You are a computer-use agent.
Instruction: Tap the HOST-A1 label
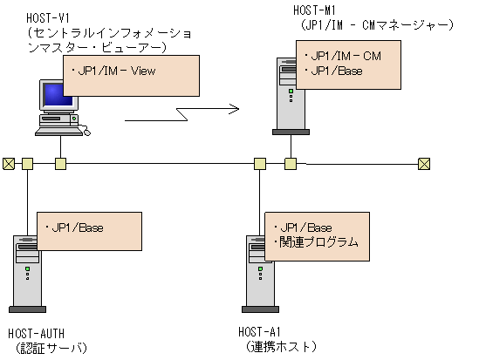point(259,332)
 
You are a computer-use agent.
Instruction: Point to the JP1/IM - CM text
point(344,55)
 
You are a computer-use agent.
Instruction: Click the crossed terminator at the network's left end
point(9,163)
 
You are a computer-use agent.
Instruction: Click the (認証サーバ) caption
point(48,348)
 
